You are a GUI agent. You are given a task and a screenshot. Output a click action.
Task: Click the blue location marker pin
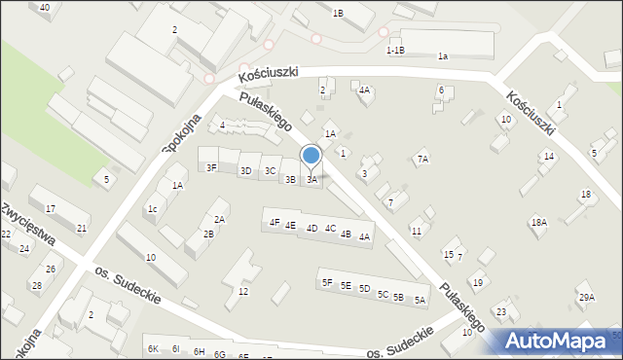tap(311, 157)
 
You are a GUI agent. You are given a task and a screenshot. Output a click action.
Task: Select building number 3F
tap(211, 167)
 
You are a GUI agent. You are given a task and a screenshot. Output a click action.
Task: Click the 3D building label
tap(245, 170)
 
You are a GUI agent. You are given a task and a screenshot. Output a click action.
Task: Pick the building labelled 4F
tap(275, 223)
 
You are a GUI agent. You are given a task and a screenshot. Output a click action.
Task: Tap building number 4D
tap(311, 229)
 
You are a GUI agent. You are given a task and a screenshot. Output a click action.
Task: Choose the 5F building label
tap(327, 283)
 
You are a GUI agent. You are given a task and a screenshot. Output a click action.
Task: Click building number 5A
tap(420, 301)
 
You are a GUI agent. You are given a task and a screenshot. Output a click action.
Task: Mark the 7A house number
tap(422, 159)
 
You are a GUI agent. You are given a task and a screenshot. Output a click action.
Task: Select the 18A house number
tap(538, 223)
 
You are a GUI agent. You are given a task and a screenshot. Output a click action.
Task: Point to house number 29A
tap(585, 298)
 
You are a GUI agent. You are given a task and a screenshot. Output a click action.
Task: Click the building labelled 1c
tap(153, 208)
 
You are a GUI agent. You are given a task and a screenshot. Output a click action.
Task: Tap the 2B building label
tap(208, 234)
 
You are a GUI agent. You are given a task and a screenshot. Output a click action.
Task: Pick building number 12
tap(243, 292)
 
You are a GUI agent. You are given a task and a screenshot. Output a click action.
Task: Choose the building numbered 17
tap(50, 209)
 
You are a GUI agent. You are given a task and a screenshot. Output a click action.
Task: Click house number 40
tap(44, 7)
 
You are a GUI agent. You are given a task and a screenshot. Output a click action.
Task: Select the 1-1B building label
tap(395, 50)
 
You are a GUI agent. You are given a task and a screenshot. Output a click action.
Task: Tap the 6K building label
tap(152, 348)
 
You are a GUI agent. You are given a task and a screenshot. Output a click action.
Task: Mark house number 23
tap(501, 311)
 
